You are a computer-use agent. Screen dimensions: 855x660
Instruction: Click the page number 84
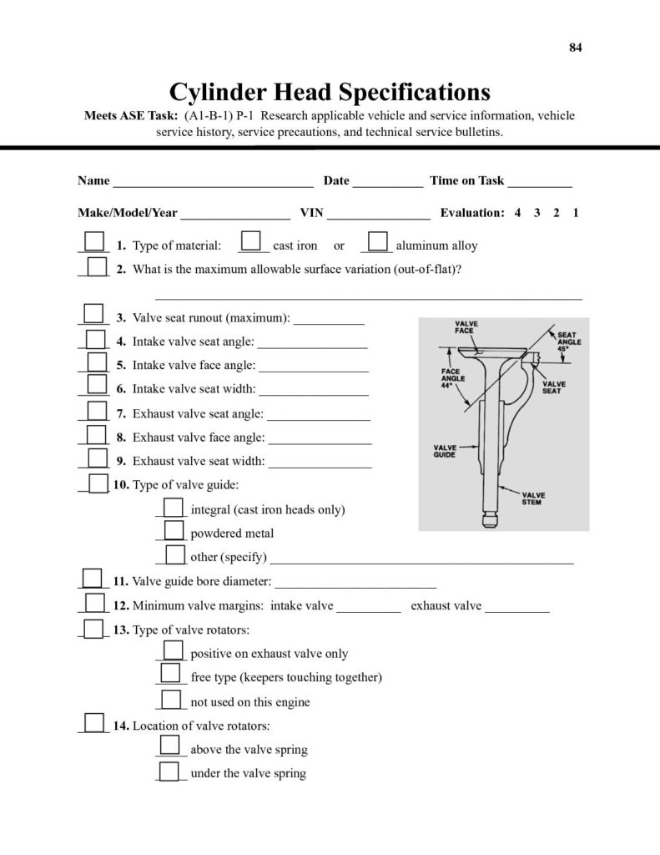(576, 47)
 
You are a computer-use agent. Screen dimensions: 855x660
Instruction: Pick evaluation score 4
(518, 213)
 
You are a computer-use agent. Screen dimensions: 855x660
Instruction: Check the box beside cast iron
(250, 242)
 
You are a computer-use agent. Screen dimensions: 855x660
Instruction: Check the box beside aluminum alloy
(377, 242)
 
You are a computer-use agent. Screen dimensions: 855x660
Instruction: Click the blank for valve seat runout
(330, 321)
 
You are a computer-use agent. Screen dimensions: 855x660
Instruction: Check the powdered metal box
(174, 530)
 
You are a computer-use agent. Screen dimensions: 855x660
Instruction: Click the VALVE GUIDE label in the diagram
(445, 452)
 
